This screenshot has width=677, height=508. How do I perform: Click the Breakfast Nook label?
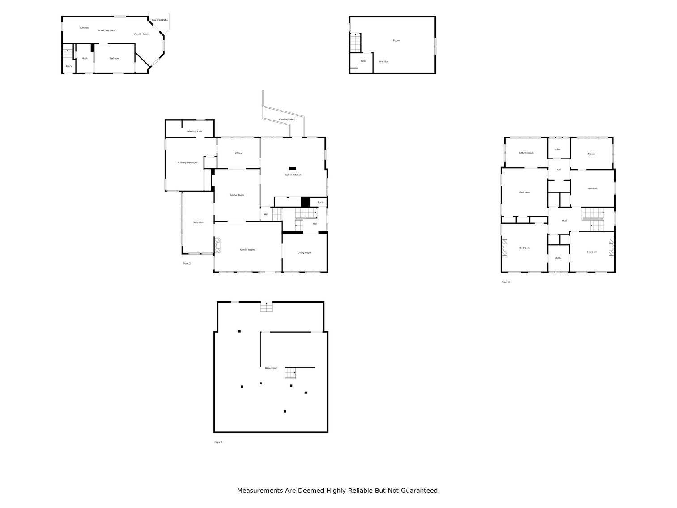pos(106,30)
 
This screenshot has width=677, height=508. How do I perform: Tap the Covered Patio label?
pos(160,20)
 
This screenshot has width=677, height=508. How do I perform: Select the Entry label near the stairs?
pos(68,66)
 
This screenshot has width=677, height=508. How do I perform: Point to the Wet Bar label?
pos(383,61)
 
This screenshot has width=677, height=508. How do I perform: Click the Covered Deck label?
pos(287,120)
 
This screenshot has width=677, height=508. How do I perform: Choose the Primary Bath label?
pos(194,132)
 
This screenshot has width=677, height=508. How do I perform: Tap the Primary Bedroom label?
pos(187,162)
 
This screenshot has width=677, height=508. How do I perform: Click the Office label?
pos(238,153)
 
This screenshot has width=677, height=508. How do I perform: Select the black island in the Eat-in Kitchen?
pos(292,168)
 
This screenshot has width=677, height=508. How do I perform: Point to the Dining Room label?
pos(237,195)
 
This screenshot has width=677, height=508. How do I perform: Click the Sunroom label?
pos(198,222)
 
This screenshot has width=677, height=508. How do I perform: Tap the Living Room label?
pos(304,253)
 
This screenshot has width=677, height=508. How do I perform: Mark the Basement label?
pos(271,368)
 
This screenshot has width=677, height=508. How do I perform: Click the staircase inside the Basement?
pos(291,372)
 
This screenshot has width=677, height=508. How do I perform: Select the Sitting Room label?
pos(526,153)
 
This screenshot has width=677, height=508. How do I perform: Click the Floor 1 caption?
pos(218,442)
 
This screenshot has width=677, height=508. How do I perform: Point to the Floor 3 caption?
pos(505,282)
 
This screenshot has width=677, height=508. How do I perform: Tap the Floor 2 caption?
pos(187,263)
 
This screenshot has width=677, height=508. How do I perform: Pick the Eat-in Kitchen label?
pos(293,175)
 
